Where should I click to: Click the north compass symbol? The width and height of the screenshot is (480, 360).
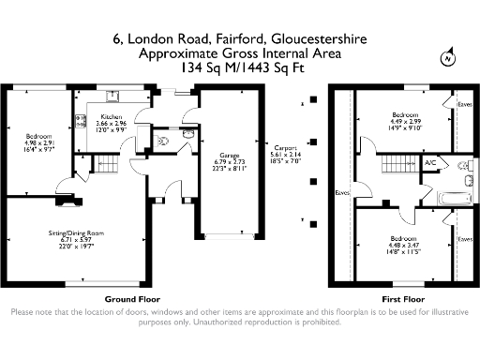[447, 58]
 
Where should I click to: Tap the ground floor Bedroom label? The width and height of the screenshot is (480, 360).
[38, 138]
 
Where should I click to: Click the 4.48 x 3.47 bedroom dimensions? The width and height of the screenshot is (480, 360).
[402, 246]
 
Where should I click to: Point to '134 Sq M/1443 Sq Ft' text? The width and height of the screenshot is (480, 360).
[240, 68]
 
